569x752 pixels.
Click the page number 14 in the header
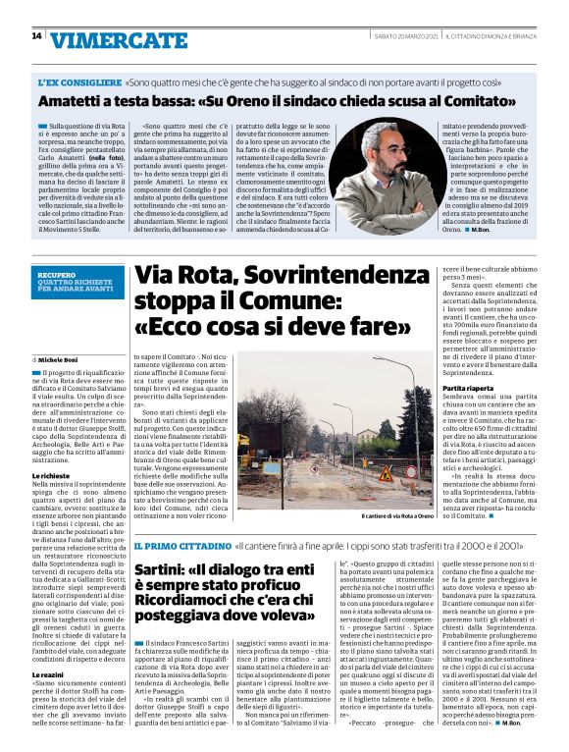[36, 36]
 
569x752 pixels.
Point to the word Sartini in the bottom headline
[164, 569]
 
